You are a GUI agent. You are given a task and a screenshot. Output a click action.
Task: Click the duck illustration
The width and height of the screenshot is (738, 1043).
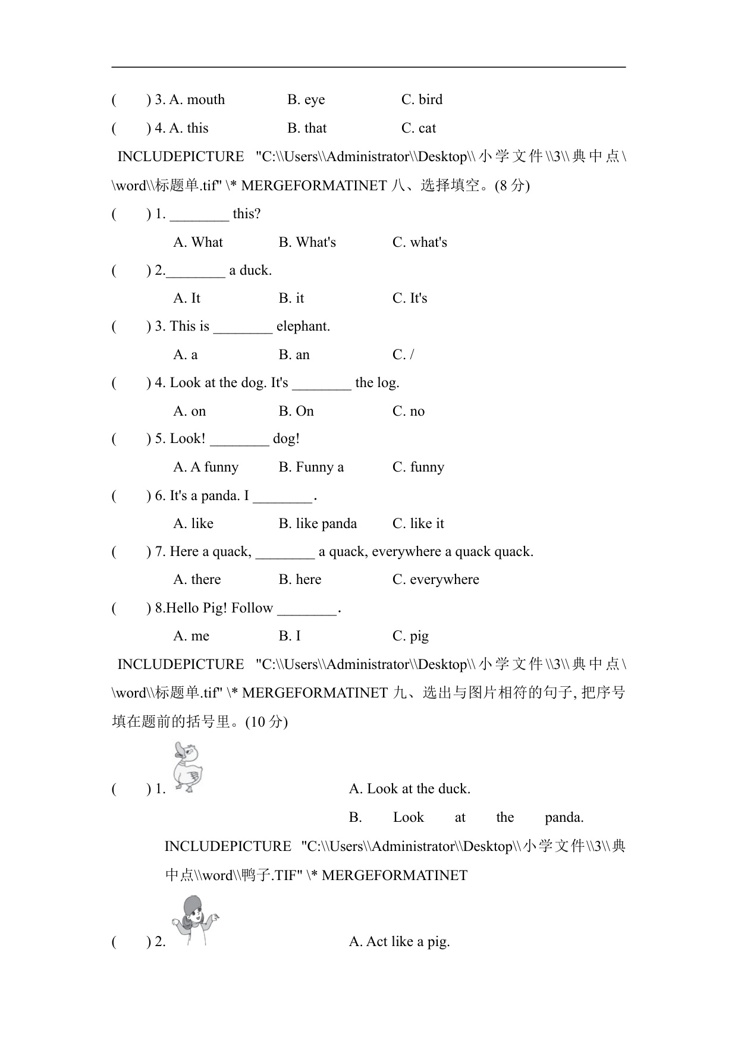tap(189, 768)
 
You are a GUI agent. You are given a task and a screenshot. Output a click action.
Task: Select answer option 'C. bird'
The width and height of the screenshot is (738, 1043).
tap(422, 99)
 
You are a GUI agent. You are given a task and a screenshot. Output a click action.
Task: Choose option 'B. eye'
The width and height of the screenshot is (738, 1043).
tap(306, 99)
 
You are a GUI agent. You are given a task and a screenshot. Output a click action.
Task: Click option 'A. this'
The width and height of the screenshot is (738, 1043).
tap(189, 128)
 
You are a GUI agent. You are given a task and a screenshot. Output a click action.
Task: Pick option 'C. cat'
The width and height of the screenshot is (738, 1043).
tap(419, 128)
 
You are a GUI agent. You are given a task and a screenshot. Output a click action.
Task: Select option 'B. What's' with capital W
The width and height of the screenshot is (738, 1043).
tap(307, 242)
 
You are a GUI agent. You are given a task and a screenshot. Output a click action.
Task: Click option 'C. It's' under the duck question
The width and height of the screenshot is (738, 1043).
tap(410, 298)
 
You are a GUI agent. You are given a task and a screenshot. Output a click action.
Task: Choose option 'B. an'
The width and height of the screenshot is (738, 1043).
tap(294, 354)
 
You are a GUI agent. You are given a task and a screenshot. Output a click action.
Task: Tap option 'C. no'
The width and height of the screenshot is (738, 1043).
tap(409, 411)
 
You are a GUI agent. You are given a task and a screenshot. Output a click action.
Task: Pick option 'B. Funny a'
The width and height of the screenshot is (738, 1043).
tap(311, 467)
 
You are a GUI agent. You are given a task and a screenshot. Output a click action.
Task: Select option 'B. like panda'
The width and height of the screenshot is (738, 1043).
tap(318, 523)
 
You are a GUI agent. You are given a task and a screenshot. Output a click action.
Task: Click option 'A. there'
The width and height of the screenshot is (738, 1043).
tap(197, 579)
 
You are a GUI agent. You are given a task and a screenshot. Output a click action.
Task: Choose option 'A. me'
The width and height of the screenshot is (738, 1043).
tap(191, 636)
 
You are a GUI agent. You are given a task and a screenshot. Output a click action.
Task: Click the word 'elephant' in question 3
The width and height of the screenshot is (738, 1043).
tap(303, 326)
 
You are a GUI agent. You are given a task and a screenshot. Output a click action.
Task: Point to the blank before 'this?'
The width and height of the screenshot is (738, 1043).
tap(199, 215)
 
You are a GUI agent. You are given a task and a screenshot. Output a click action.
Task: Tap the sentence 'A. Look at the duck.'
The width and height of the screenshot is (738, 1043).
tap(409, 788)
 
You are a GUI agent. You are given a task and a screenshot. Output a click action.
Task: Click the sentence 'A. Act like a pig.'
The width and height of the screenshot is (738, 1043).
tap(399, 941)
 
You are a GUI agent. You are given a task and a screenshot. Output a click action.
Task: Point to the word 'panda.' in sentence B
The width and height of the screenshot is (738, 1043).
tap(564, 817)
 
